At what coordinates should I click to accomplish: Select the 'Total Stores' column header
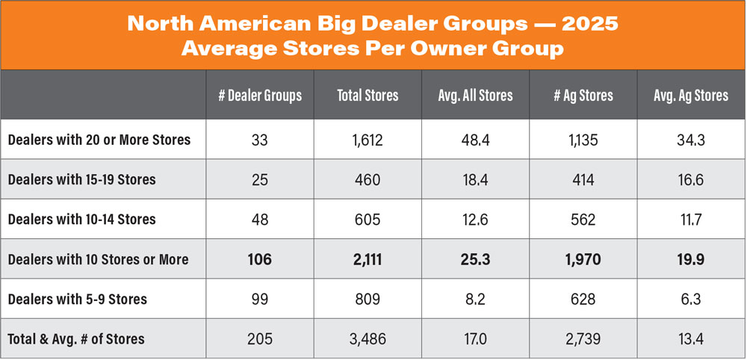pos(367,96)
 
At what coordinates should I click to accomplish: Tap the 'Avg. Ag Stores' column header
pos(691,96)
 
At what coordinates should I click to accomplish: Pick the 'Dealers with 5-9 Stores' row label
pos(77,299)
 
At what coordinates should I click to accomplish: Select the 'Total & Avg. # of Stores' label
pos(76,339)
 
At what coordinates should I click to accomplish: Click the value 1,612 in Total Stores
pos(367,140)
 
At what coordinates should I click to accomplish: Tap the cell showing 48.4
pos(475,140)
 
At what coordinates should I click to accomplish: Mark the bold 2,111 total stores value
pos(367,259)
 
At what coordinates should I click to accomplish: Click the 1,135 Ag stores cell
pos(583,140)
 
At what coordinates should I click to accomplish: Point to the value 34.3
pos(691,140)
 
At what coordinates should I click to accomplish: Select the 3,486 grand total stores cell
pos(367,339)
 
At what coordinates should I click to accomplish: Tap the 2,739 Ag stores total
pos(583,339)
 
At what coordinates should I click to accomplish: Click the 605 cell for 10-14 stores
pos(367,220)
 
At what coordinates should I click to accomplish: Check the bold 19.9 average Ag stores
pos(691,259)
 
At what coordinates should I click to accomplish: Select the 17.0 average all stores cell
pos(475,339)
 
